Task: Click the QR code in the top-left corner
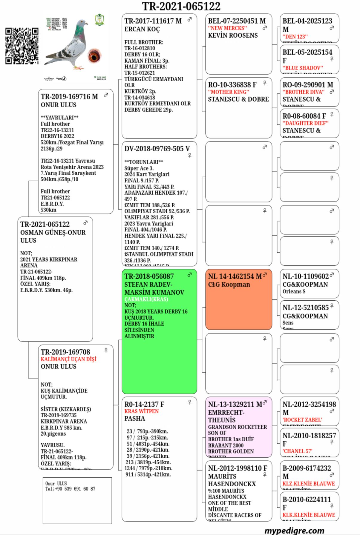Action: click(x=22, y=46)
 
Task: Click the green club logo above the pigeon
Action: click(x=99, y=20)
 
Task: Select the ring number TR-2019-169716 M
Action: click(x=69, y=97)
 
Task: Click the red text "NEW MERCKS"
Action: click(x=228, y=28)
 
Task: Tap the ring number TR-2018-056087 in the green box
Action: click(x=149, y=276)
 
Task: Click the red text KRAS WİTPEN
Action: click(x=142, y=411)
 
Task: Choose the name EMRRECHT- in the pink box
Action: click(x=226, y=413)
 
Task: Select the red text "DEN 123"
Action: click(x=295, y=37)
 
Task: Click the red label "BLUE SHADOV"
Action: click(x=303, y=68)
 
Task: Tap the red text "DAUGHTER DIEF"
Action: click(x=305, y=123)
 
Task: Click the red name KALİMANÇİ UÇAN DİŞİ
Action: click(x=69, y=359)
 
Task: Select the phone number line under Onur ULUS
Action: click(x=71, y=489)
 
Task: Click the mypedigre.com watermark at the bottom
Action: click(x=294, y=530)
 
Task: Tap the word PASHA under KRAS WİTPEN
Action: click(x=135, y=419)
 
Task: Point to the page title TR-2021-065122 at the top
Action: click(x=181, y=6)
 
